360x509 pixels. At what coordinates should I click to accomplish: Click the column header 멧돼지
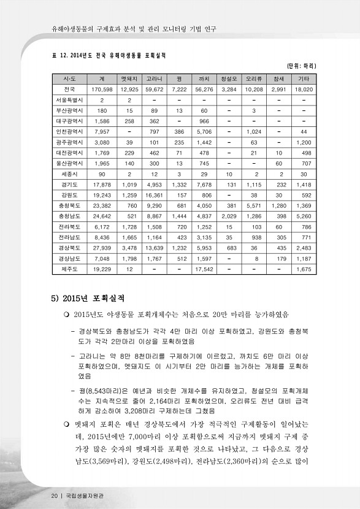coord(128,79)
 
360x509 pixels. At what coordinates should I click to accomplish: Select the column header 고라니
coord(153,79)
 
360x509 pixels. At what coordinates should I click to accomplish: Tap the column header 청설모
coord(229,79)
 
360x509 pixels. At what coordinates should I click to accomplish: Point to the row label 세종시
coord(64,174)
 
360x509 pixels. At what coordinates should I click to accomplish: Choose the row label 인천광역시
coord(64,131)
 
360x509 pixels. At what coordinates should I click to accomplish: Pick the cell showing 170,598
coord(101,90)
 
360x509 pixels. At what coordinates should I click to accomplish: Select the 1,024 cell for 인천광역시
coord(253,131)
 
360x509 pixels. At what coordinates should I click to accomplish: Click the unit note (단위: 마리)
coord(301,66)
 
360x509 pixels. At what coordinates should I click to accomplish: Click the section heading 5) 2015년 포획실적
coord(87,299)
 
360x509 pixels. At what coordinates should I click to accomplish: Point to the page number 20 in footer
coord(55,495)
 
